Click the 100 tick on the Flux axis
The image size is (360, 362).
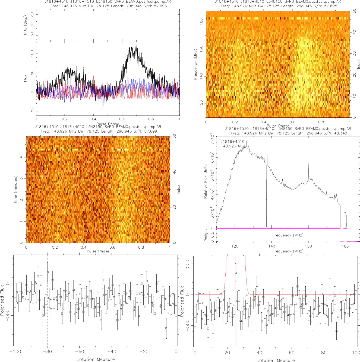pyautogui.click(x=32, y=53)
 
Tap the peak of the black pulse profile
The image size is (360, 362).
pyautogui.click(x=137, y=46)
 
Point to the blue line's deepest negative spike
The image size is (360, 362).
pyautogui.click(x=102, y=110)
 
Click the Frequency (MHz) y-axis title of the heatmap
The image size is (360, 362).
pyautogui.click(x=195, y=64)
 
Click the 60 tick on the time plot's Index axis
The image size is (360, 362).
pyautogui.click(x=174, y=136)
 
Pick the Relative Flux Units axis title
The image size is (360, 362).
pyautogui.click(x=206, y=181)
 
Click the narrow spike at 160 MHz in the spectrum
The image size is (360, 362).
pyautogui.click(x=308, y=164)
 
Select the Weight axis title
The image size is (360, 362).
pyautogui.click(x=206, y=235)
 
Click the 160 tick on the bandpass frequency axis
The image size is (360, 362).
pyautogui.click(x=308, y=246)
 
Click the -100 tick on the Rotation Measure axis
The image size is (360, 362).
pyautogui.click(x=15, y=351)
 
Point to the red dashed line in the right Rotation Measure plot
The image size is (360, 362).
pyautogui.click(x=236, y=312)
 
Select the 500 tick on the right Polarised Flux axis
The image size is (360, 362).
pyautogui.click(x=188, y=264)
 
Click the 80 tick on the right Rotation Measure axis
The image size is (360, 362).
pyautogui.click(x=324, y=353)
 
